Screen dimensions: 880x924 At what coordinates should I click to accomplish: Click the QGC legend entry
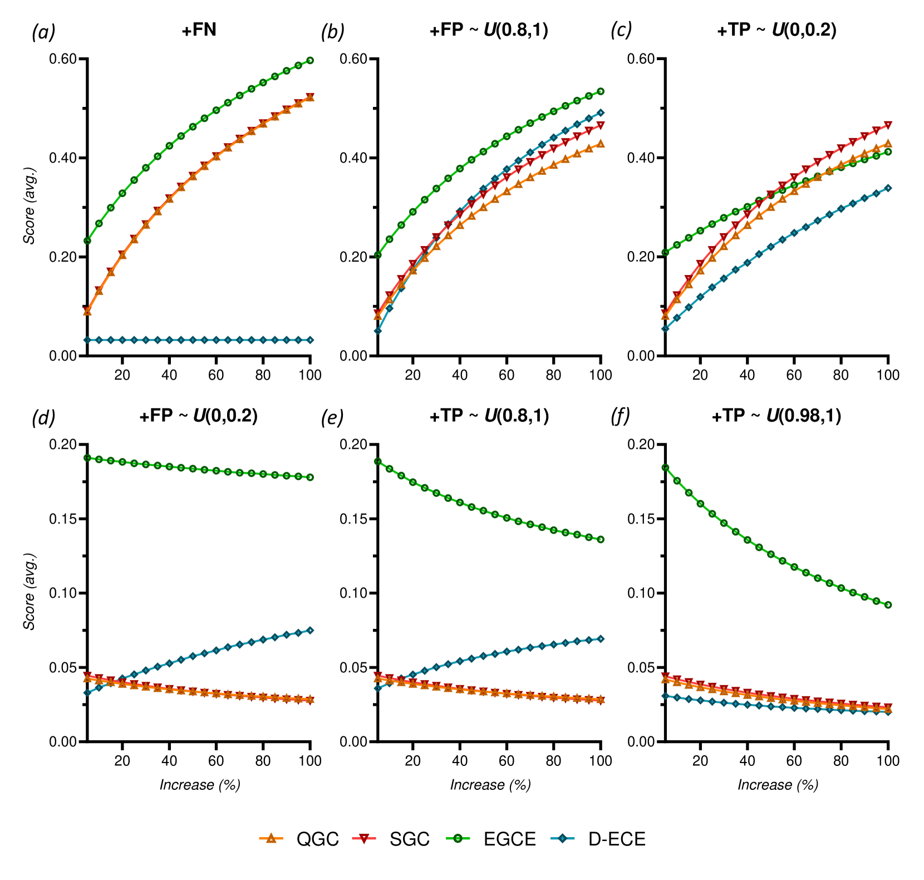[x=299, y=839]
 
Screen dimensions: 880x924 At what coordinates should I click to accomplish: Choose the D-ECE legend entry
[x=598, y=839]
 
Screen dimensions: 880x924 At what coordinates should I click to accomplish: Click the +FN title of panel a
[x=199, y=30]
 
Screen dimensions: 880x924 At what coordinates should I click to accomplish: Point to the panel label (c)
[x=621, y=31]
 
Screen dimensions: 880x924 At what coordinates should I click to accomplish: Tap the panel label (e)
[x=332, y=416]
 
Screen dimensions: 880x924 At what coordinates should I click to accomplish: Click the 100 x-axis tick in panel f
[x=888, y=760]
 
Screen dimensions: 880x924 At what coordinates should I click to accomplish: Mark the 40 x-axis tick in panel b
[x=460, y=375]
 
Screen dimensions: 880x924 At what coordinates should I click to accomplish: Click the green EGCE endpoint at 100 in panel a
[x=310, y=60]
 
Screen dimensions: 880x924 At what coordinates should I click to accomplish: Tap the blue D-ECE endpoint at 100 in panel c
[x=888, y=188]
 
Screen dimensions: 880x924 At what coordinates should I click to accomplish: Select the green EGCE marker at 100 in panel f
[x=888, y=604]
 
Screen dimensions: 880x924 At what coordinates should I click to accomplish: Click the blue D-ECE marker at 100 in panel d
[x=310, y=630]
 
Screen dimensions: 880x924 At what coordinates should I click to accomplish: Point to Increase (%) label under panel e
[x=490, y=785]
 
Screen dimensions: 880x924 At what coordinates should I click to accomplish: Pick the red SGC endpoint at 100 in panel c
[x=888, y=125]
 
